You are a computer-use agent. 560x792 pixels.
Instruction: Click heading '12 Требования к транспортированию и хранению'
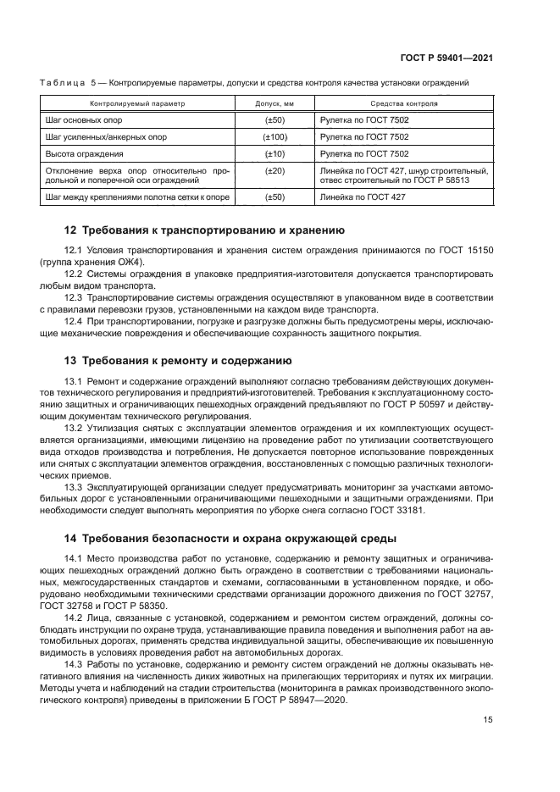click(204, 230)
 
